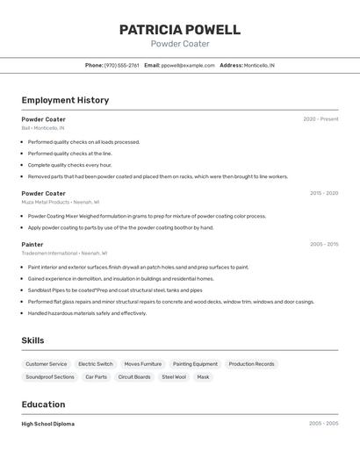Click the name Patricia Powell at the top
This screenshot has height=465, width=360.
pyautogui.click(x=180, y=30)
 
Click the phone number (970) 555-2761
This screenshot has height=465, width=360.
pyautogui.click(x=121, y=66)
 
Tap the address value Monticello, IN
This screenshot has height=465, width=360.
pyautogui.click(x=259, y=66)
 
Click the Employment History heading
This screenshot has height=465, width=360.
pyautogui.click(x=65, y=100)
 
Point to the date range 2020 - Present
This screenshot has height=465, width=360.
pyautogui.click(x=320, y=119)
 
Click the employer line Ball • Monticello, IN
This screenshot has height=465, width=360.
pyautogui.click(x=43, y=128)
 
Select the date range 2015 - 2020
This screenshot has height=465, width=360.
pyautogui.click(x=324, y=193)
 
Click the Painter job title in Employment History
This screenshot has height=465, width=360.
pyautogui.click(x=32, y=245)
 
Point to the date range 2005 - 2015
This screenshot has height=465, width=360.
pyautogui.click(x=324, y=245)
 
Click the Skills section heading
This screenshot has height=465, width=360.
pyautogui.click(x=32, y=340)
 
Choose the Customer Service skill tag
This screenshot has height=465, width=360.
pyautogui.click(x=46, y=364)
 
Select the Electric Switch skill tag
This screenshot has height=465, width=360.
pyautogui.click(x=95, y=364)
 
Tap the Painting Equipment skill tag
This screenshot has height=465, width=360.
pyautogui.click(x=195, y=364)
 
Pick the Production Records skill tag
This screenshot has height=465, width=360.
pyautogui.click(x=252, y=364)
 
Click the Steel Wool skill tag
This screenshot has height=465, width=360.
pyautogui.click(x=173, y=377)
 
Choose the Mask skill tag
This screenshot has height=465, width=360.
pyautogui.click(x=203, y=377)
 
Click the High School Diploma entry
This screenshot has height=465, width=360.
pyautogui.click(x=48, y=424)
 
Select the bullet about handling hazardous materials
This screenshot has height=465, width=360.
pyautogui.click(x=87, y=313)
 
